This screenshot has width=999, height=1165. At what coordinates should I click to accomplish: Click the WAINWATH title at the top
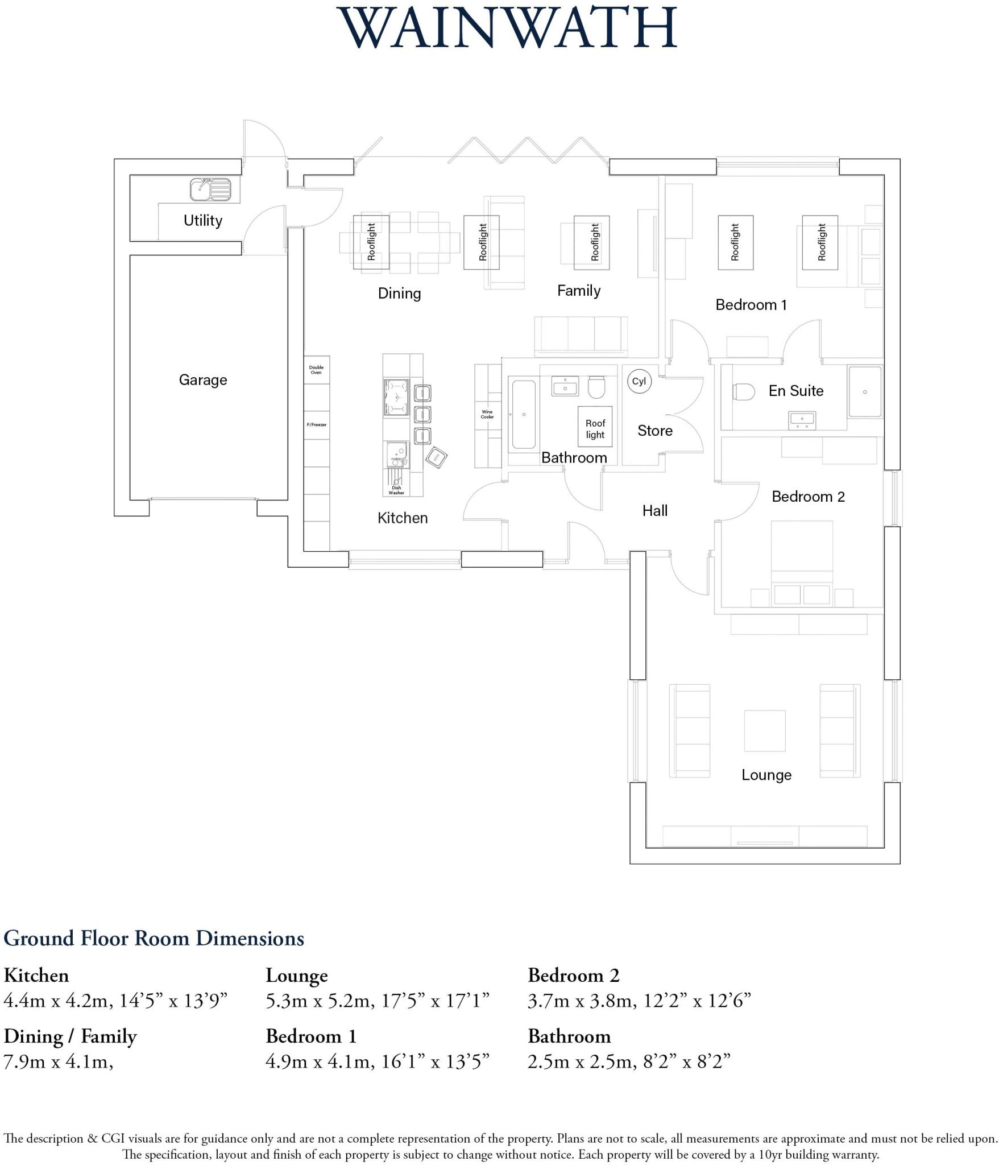tap(508, 28)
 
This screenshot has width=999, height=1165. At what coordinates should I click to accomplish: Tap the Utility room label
tap(202, 220)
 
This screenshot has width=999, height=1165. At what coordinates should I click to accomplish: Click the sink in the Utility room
tap(210, 189)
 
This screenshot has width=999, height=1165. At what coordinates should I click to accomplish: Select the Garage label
tap(203, 379)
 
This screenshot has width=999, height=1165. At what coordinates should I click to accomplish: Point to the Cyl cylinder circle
tap(639, 381)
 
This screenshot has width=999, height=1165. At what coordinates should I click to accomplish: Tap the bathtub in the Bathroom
tap(523, 414)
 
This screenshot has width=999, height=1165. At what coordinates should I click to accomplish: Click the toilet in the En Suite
tap(743, 391)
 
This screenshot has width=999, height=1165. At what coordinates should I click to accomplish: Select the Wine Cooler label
tap(487, 414)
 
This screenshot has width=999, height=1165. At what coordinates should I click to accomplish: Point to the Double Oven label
tap(316, 370)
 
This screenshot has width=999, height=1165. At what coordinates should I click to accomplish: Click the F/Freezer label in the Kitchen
tap(317, 424)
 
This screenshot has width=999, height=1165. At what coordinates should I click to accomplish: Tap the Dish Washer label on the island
tap(396, 490)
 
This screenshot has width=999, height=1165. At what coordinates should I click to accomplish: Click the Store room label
tap(654, 431)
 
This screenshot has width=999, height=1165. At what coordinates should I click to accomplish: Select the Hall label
tap(654, 510)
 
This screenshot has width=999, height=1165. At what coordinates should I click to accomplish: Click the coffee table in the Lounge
tap(764, 730)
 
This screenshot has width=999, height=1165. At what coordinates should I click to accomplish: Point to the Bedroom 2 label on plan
tap(808, 497)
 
